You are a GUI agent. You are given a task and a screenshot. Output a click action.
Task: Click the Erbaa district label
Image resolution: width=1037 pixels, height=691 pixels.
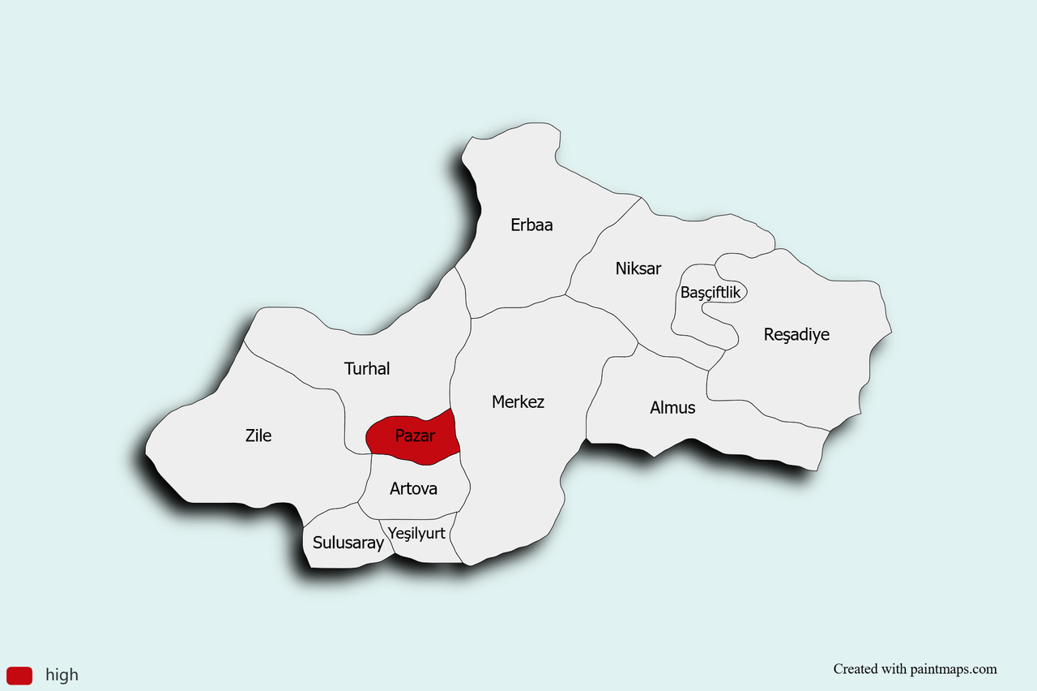[x=531, y=225]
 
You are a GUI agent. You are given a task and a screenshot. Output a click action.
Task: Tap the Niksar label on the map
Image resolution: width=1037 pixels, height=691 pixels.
[x=638, y=268]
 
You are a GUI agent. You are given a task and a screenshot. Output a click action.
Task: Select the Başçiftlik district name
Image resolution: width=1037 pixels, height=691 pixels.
[x=711, y=293]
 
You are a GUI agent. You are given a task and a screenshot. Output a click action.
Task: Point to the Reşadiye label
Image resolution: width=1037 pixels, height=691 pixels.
[x=796, y=334]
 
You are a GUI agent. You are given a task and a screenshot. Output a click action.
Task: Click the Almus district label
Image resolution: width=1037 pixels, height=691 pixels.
[x=672, y=407]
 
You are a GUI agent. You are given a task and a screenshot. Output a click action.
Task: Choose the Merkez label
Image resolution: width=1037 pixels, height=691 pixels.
[x=518, y=401]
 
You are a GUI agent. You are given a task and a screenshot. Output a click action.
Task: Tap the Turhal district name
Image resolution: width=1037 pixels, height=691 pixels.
[x=367, y=369]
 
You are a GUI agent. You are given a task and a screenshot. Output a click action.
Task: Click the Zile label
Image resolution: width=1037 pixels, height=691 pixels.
[x=258, y=436]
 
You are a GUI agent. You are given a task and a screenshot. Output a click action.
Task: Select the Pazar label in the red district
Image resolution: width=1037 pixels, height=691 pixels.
[x=415, y=436]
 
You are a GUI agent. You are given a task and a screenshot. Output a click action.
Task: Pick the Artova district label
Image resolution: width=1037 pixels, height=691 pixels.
[x=413, y=488]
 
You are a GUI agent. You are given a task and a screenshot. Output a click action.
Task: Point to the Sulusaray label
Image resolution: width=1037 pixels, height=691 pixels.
[x=348, y=543]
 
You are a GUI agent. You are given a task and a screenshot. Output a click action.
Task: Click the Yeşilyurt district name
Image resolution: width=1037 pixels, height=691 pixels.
[x=417, y=533]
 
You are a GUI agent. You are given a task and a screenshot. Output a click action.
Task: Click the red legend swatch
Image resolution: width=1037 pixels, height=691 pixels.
[x=19, y=675]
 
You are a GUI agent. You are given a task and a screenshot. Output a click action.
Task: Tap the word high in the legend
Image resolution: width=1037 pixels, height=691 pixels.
[x=62, y=675]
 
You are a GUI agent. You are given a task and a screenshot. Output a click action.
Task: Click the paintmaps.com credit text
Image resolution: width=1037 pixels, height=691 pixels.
[x=915, y=669]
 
